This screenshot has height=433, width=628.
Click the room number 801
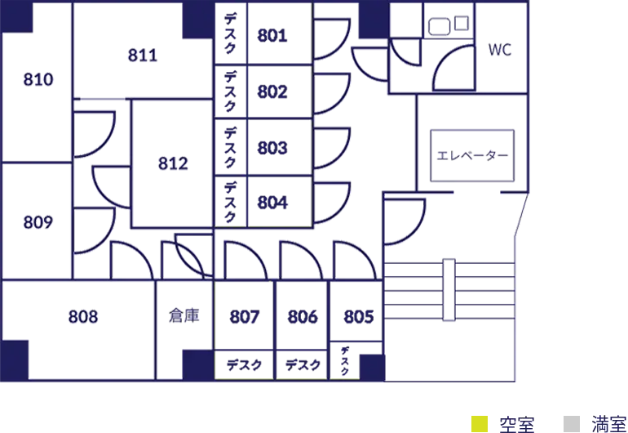272,35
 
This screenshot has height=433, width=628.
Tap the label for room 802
272,92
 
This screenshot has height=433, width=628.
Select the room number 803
272,148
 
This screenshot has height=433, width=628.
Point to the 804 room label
272,203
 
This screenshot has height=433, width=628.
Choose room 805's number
359,317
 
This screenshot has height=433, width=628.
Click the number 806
303,317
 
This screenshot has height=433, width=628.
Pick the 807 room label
245,317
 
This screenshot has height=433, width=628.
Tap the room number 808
83,317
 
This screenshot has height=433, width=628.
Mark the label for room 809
38,222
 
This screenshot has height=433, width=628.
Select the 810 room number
38,79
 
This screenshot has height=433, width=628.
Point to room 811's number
143,55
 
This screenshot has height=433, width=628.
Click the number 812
173,163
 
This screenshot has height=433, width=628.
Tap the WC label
500,50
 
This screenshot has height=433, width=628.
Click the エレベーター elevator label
472,155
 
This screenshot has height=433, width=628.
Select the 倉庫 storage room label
184,315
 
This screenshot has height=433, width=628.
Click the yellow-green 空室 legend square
480,424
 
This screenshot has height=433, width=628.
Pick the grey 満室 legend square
572,424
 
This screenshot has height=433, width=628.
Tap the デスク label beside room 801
230,33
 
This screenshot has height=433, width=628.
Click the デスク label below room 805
344,361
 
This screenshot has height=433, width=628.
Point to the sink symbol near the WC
440,27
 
